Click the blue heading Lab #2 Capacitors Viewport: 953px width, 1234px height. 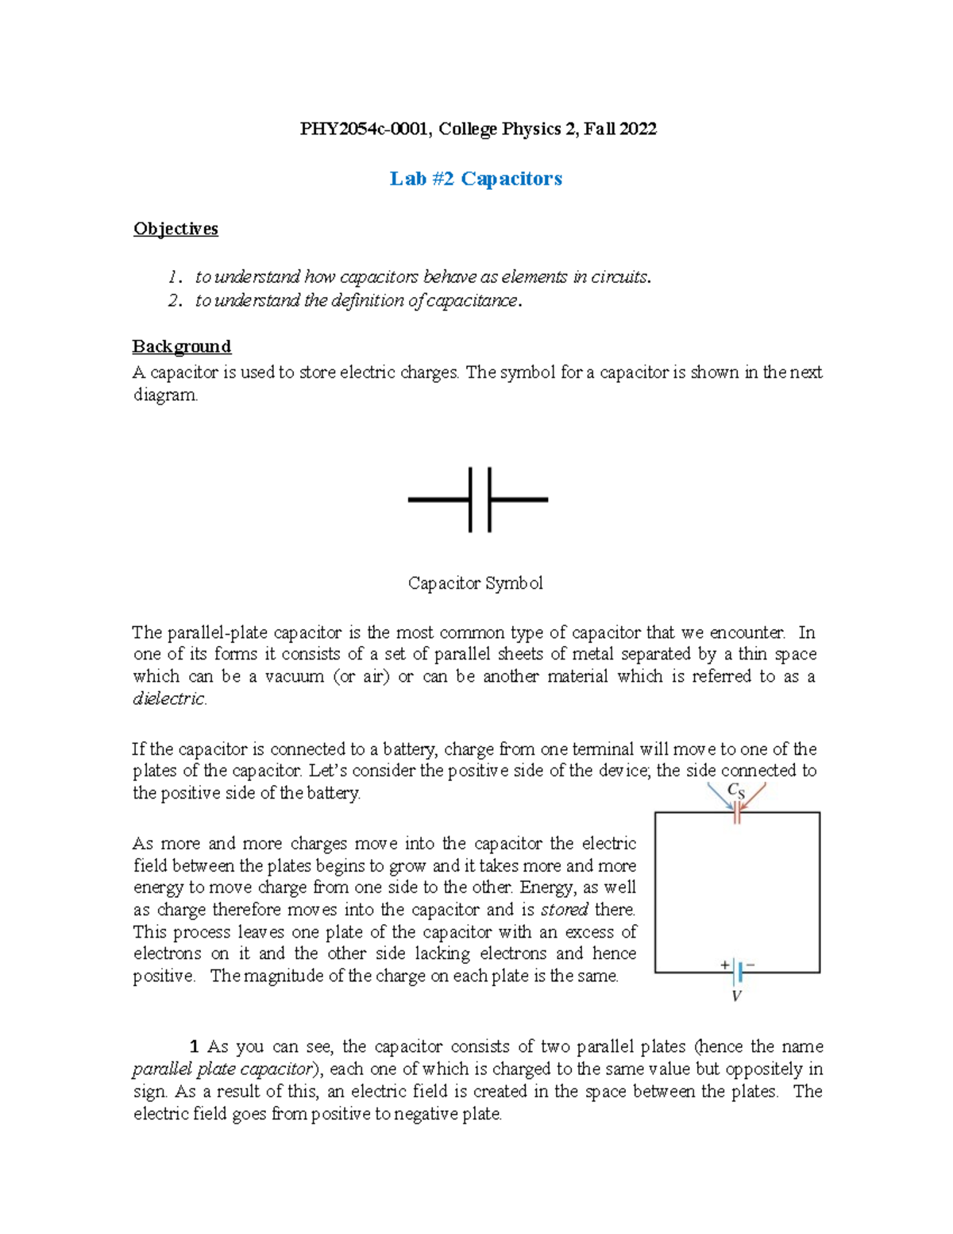coord(476,179)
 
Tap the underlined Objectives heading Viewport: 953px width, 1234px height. coord(176,229)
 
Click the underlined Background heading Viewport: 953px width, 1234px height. coord(181,346)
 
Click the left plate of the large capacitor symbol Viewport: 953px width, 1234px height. coord(471,500)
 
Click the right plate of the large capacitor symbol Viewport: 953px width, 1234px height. coord(489,500)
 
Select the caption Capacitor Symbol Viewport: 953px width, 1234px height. coord(475,583)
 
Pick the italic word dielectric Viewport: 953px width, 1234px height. coord(169,698)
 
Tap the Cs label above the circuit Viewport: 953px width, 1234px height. coord(736,791)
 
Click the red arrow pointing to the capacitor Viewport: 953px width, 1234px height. coord(754,796)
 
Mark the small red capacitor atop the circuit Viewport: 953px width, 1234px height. coord(737,812)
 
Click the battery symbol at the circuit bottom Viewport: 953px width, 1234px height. coord(739,972)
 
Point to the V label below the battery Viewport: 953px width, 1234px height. coord(736,996)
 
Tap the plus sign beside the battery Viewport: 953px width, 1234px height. coord(724,965)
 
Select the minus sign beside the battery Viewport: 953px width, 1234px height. coord(750,965)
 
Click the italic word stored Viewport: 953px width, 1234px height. coord(565,909)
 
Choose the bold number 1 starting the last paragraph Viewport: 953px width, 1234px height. coord(195,1046)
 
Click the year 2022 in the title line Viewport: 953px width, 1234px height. coord(638,129)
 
